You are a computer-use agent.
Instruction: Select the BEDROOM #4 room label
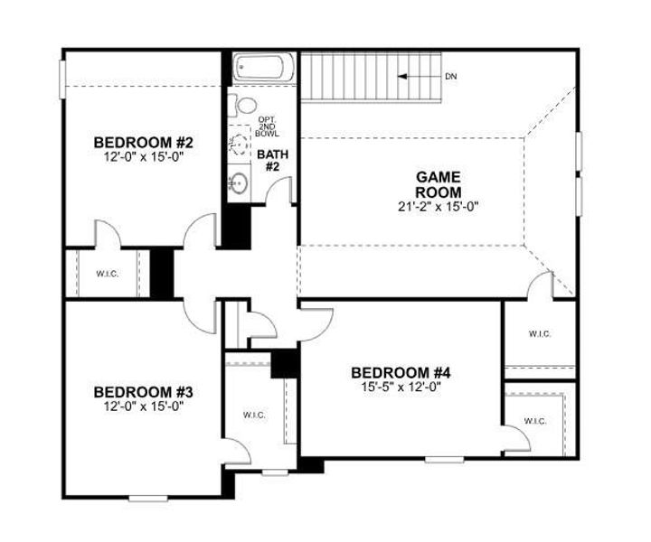[x=401, y=372]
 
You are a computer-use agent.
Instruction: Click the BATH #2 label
[x=272, y=161]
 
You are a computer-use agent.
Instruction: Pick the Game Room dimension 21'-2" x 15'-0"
[x=439, y=206]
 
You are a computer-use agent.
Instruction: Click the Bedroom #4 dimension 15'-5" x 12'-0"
[x=401, y=388]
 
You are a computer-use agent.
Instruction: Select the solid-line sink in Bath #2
[x=239, y=183]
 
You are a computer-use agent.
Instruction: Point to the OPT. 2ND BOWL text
[x=268, y=126]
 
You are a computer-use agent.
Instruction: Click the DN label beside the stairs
[x=451, y=76]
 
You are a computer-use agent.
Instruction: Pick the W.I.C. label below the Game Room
[x=539, y=333]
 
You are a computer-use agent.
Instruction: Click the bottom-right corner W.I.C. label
[x=534, y=421]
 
